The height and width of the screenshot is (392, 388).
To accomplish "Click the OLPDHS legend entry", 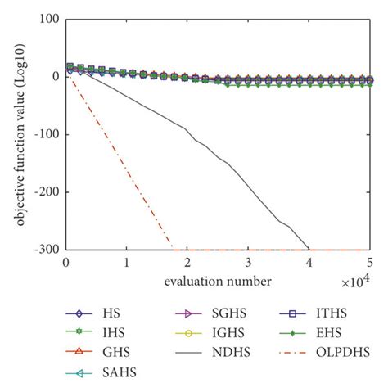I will pyautogui.click(x=336, y=354).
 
